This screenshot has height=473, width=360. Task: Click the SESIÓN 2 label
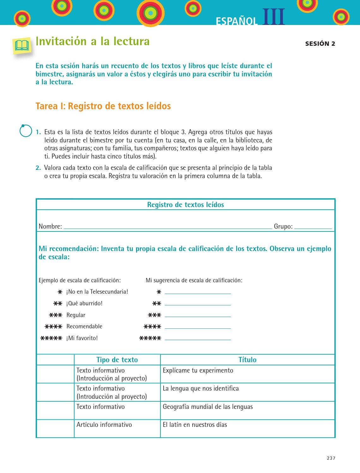coord(320,44)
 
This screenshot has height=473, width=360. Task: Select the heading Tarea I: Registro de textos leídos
coord(103,106)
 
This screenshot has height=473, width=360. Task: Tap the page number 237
coord(331,458)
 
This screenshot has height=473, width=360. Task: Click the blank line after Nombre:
coord(167,227)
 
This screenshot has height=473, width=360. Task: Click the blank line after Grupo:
coord(313,227)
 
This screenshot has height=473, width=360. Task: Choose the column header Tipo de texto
coord(117,360)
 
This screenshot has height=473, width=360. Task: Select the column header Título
coord(247,360)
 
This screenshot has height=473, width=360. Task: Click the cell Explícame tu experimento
coord(198,370)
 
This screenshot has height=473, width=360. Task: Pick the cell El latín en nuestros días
coord(195,425)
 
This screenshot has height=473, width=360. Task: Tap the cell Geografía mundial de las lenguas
coord(208,407)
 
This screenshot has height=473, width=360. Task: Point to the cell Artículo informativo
coord(104,425)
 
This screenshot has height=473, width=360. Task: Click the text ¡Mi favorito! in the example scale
coord(82,338)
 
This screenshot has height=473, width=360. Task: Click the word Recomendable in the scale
coord(84,326)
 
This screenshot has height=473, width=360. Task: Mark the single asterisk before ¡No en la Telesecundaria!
coord(60,292)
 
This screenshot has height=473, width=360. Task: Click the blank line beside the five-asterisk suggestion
coord(198,338)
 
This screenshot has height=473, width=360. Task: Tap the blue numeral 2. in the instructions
coord(38,168)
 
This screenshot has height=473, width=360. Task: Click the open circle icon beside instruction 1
coord(26,131)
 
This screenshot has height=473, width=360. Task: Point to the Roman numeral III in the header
coord(273,17)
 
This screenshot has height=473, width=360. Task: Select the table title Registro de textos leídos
coord(185,205)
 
